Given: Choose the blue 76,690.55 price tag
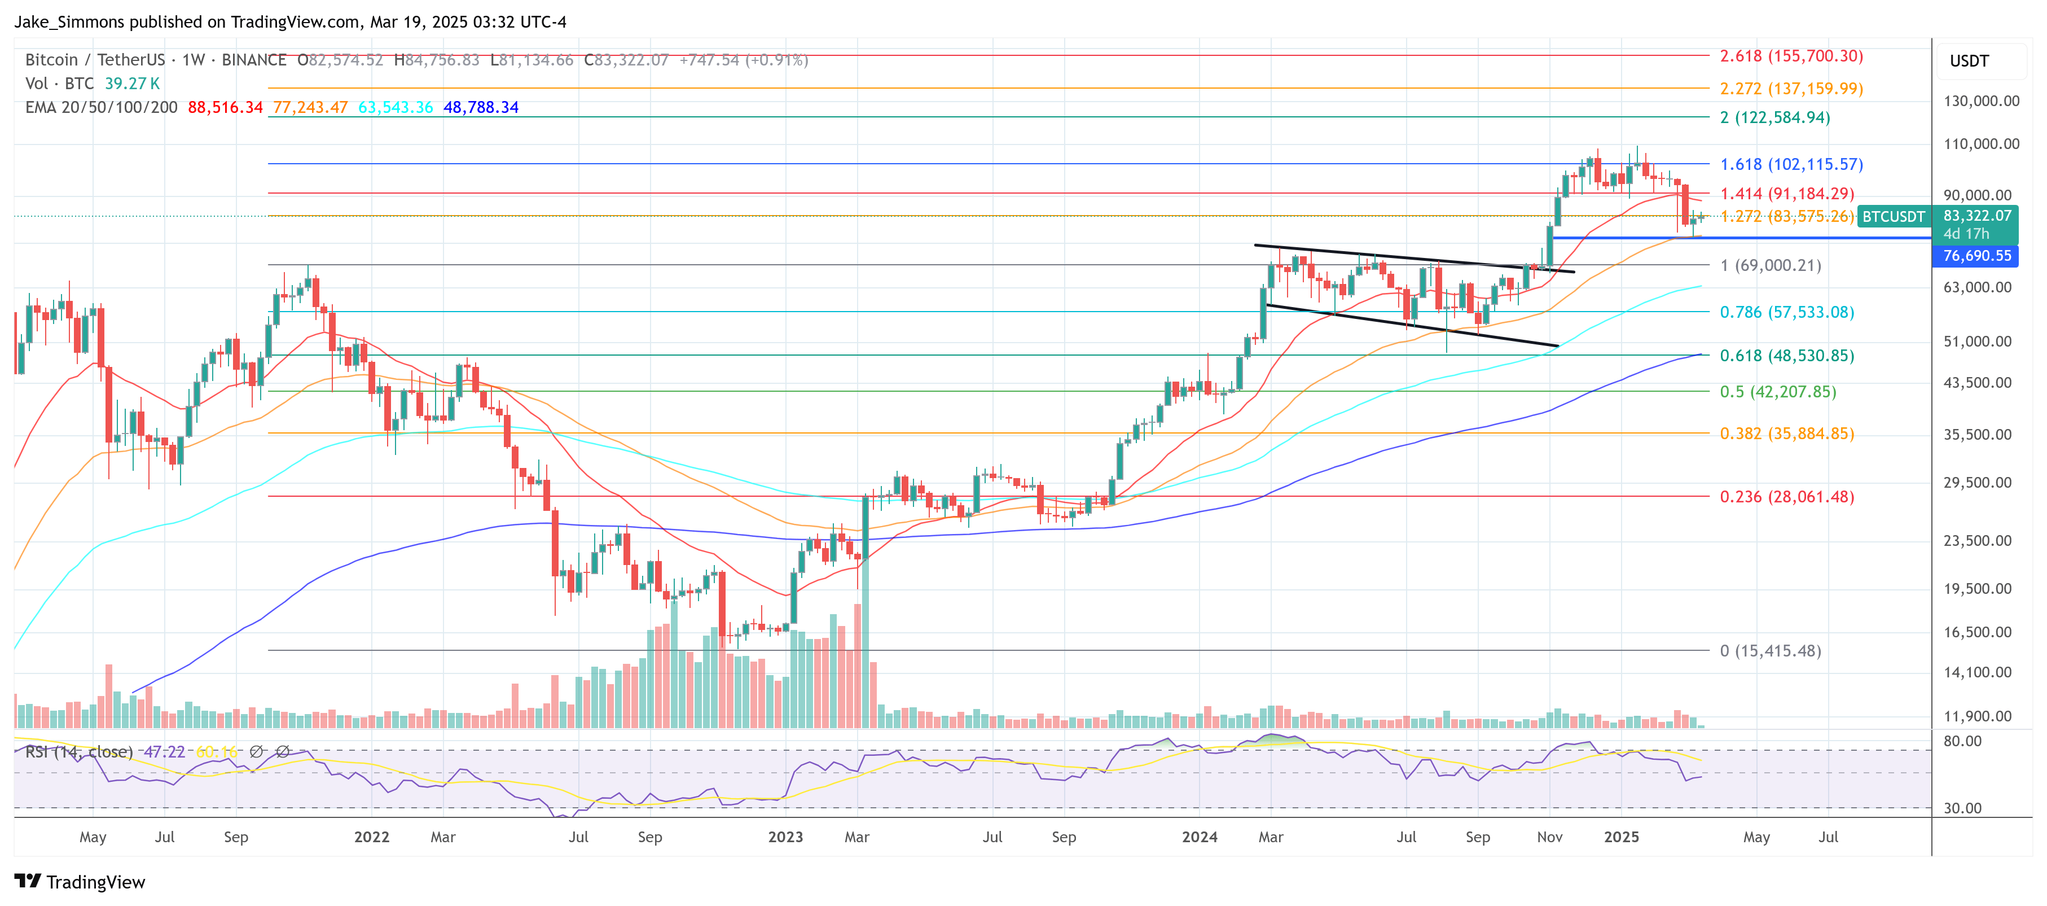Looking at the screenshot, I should tap(1976, 256).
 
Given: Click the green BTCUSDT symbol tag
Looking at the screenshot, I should tap(1894, 217).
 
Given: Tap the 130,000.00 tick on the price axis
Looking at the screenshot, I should tap(1981, 101).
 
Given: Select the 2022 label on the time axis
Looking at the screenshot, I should tap(371, 837).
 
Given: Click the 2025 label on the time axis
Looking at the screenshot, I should tap(1621, 837).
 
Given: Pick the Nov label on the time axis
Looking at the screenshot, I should tap(1549, 837).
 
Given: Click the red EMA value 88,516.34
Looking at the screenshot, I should tap(225, 107).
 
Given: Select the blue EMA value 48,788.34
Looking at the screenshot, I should tap(481, 107).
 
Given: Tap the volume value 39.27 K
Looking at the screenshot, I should tap(132, 84).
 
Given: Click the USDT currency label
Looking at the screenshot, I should tap(1969, 61).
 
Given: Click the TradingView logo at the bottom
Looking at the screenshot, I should tap(80, 882).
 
